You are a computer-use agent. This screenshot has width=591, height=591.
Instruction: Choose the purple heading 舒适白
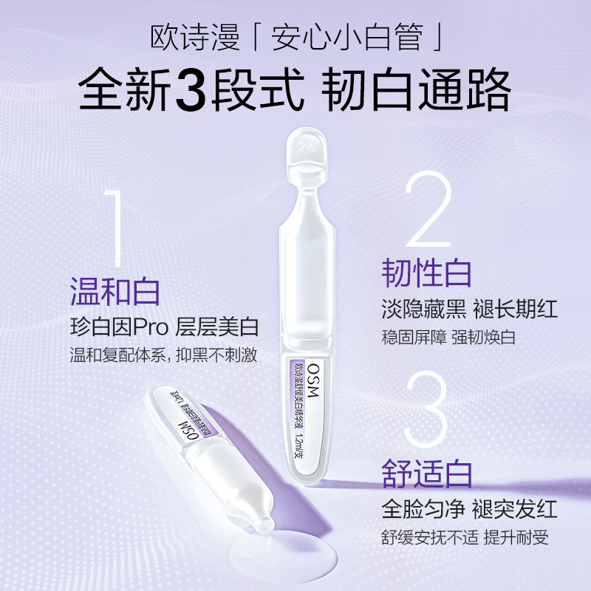tap(426, 473)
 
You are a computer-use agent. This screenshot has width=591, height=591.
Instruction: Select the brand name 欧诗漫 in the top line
tap(182, 36)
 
